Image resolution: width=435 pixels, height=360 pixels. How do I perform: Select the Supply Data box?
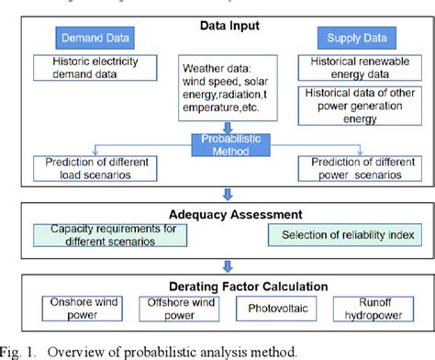click(x=351, y=38)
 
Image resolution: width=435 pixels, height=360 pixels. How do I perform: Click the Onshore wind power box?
click(x=84, y=309)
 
